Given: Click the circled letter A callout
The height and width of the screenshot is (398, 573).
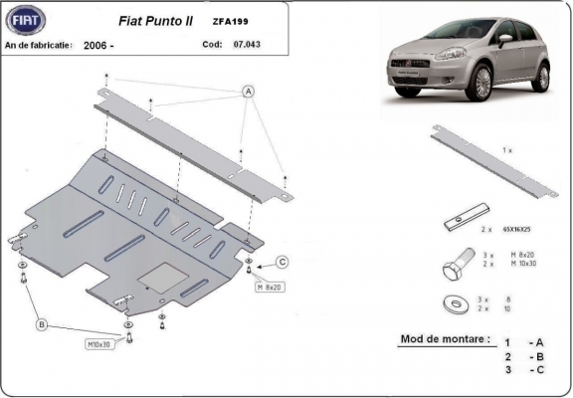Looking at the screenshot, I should click(x=247, y=92).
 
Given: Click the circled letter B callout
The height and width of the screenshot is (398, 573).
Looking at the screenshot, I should click(x=42, y=324).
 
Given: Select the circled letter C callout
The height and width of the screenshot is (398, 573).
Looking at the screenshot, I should click(x=282, y=262).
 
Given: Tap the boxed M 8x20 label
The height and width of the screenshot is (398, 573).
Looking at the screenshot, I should click(x=271, y=287).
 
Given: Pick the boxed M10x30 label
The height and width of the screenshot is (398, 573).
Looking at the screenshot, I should click(x=99, y=345).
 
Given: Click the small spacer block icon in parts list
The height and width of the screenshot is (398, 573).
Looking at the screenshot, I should click(x=467, y=214).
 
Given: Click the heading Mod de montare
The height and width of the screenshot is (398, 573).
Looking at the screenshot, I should click(x=445, y=338).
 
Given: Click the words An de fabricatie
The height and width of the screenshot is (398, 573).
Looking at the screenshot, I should click(x=39, y=46).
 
